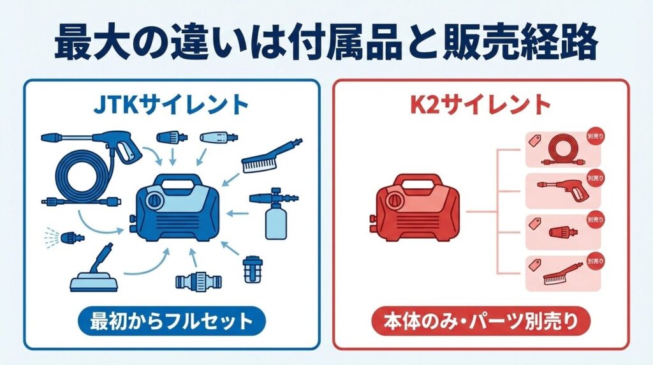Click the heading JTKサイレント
pyautogui.click(x=171, y=103)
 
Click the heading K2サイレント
pyautogui.click(x=480, y=103)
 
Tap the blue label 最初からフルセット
pyautogui.click(x=171, y=321)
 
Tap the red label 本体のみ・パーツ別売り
pyautogui.click(x=480, y=321)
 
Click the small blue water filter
pyautogui.click(x=253, y=269)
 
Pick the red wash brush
pyautogui.click(x=561, y=274)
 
